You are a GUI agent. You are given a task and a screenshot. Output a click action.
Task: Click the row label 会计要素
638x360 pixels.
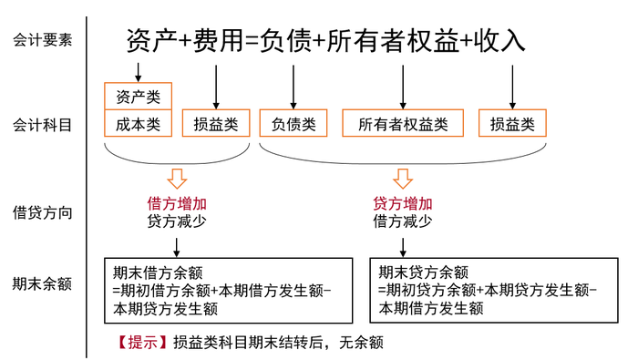tap(42, 40)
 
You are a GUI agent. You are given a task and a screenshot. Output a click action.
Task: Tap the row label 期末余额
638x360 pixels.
tap(42, 283)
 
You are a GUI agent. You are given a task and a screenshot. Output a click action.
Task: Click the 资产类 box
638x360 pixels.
tap(139, 96)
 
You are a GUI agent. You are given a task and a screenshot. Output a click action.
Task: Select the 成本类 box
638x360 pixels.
tap(139, 123)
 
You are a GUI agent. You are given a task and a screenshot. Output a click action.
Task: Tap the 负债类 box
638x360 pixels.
tap(293, 123)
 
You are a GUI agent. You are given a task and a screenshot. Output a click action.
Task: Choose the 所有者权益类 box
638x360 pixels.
tap(403, 123)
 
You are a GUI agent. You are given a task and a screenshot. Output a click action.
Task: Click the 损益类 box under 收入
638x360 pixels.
tap(512, 123)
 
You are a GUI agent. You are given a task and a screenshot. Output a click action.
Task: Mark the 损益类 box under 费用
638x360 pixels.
tap(216, 123)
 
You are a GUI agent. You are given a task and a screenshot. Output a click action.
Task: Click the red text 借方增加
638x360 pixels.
tap(177, 203)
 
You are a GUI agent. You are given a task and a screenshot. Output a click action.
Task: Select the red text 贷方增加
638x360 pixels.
tap(402, 203)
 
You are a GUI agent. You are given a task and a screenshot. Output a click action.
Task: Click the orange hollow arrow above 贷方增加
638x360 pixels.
tap(403, 177)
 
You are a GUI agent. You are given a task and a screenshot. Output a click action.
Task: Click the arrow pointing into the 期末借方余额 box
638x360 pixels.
tap(177, 243)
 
